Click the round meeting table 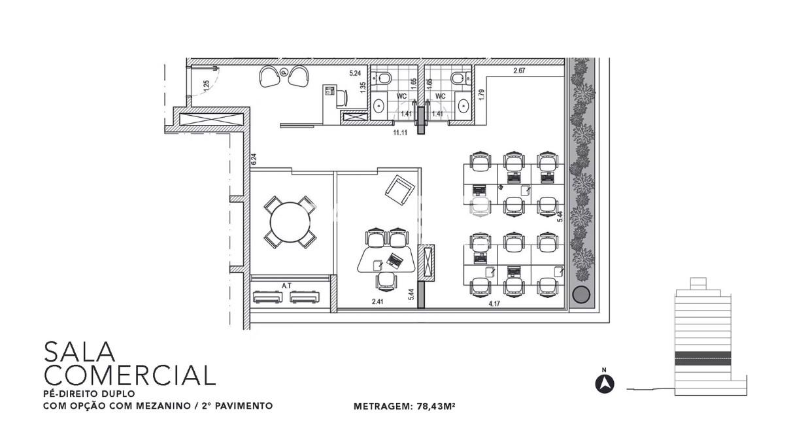point(290,222)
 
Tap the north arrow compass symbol point(605,384)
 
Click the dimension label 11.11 point(400,133)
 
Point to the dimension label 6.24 point(254,159)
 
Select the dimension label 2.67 point(519,71)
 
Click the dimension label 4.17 point(494,303)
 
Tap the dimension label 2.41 point(377,301)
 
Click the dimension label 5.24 point(355,73)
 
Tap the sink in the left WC point(379,106)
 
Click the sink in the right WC point(463,106)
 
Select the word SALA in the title point(80,352)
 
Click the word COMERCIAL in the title point(129,375)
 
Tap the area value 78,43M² point(436,406)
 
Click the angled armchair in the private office point(399,190)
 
